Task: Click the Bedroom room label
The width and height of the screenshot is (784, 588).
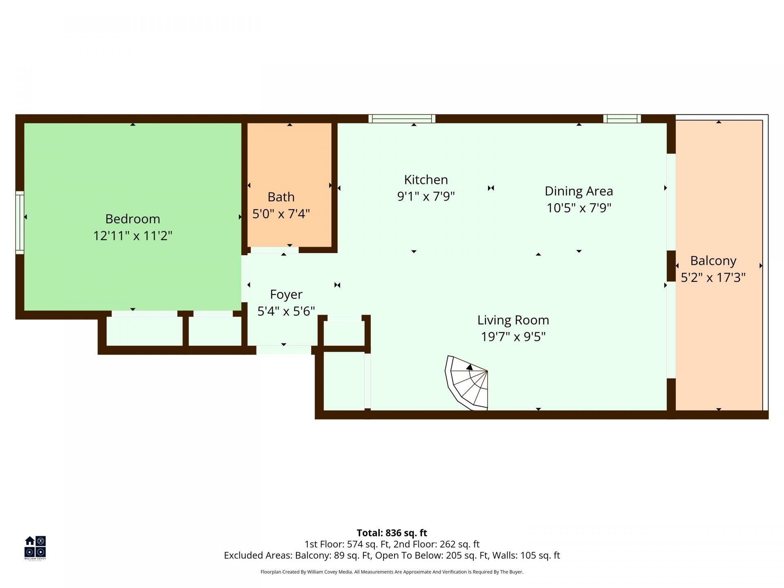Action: tap(133, 219)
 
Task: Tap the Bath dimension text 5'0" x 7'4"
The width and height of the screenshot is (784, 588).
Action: tap(281, 214)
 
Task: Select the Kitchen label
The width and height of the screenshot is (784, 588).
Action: tap(426, 180)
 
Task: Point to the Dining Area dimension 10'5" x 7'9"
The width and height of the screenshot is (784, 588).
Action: tap(579, 208)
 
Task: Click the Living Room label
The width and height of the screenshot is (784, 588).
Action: tap(513, 320)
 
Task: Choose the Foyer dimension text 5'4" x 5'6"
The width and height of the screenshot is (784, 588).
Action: tap(286, 311)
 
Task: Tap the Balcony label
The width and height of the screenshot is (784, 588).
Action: tap(713, 261)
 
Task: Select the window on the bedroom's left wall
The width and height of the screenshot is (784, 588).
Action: tap(20, 222)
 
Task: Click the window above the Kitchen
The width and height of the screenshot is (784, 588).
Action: tap(402, 119)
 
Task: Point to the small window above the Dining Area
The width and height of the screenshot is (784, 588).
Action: tap(622, 119)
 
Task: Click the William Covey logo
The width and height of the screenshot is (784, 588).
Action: tap(35, 548)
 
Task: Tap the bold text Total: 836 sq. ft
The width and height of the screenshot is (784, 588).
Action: tap(392, 533)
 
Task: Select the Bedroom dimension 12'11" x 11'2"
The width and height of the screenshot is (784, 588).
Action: tap(133, 236)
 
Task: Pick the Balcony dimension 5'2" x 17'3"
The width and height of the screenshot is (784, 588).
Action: tap(713, 278)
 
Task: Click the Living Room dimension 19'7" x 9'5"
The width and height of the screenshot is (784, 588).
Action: tap(513, 337)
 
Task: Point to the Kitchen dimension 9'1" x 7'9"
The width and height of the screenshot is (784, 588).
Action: tap(426, 196)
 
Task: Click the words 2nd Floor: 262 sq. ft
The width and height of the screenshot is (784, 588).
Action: tap(437, 544)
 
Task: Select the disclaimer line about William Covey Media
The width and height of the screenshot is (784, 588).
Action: tap(392, 572)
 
